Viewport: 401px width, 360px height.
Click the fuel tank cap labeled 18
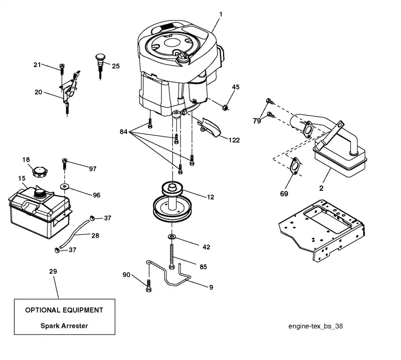(x=40, y=171)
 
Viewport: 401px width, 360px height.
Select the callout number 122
(x=234, y=140)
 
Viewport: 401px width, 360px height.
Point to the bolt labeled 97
(x=64, y=164)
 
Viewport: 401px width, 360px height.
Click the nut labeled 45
(x=225, y=107)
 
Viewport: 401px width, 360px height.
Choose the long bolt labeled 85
(x=171, y=256)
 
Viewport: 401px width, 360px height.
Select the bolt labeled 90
(x=148, y=286)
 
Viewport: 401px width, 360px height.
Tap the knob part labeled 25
(x=100, y=66)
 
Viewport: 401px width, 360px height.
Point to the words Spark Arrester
(x=64, y=326)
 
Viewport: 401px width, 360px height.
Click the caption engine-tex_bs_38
(x=316, y=326)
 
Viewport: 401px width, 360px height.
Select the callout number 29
(x=53, y=271)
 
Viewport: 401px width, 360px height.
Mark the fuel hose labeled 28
(x=74, y=234)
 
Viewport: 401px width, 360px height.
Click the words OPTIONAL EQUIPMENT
(x=64, y=310)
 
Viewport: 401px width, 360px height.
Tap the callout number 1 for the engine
(x=221, y=15)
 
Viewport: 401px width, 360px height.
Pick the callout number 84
(x=123, y=132)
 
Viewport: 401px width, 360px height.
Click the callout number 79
(x=257, y=121)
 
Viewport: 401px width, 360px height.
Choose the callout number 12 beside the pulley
(x=211, y=197)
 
